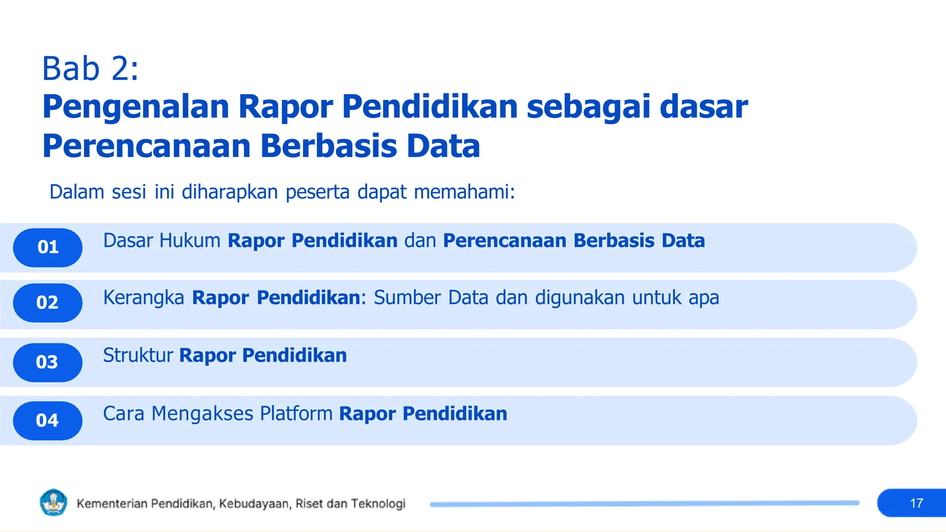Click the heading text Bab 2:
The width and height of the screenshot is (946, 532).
(90, 69)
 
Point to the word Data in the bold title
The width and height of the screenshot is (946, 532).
(443, 146)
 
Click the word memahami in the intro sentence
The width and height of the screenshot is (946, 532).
(464, 192)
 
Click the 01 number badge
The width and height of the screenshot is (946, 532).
(48, 248)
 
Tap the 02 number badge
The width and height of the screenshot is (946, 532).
(48, 303)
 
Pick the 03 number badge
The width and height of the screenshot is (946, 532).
(48, 363)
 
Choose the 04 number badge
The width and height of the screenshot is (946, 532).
(48, 421)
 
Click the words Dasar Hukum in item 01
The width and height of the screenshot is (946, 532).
(162, 241)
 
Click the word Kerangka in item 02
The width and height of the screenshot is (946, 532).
(144, 298)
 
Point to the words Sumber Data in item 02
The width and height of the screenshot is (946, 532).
(431, 298)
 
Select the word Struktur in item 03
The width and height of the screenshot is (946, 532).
(138, 356)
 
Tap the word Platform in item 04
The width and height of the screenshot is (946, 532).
(296, 414)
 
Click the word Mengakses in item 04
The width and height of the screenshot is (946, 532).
(202, 414)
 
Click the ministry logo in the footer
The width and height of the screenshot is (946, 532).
(54, 502)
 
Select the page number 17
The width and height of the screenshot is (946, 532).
(916, 503)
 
